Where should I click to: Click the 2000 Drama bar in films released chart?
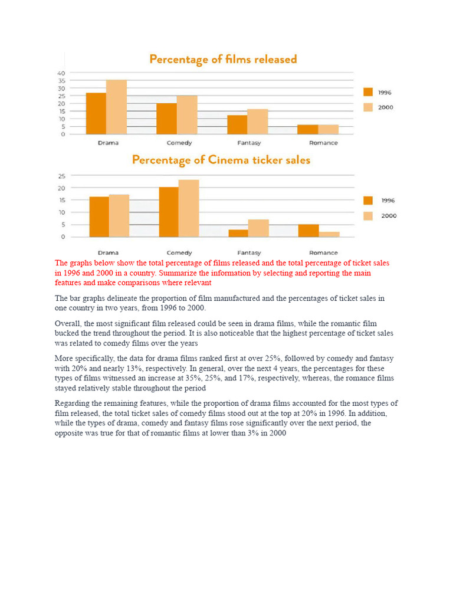point(116,107)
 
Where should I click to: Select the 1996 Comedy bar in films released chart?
point(167,119)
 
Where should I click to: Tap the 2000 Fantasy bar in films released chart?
point(258,122)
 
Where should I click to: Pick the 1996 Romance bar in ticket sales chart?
point(308,231)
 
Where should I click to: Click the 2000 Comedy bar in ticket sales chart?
point(189,208)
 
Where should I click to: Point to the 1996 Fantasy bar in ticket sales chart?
point(238,233)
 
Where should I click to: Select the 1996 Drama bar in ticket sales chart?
point(99,216)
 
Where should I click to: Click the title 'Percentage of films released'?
point(223,60)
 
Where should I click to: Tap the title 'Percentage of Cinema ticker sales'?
point(221,160)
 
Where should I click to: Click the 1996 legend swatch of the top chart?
point(368,92)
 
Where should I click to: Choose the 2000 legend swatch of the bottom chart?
point(368,216)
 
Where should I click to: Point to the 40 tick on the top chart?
point(61,73)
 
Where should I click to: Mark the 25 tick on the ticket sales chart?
point(61,176)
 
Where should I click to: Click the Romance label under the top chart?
point(323,143)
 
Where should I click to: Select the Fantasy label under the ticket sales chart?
point(249,252)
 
